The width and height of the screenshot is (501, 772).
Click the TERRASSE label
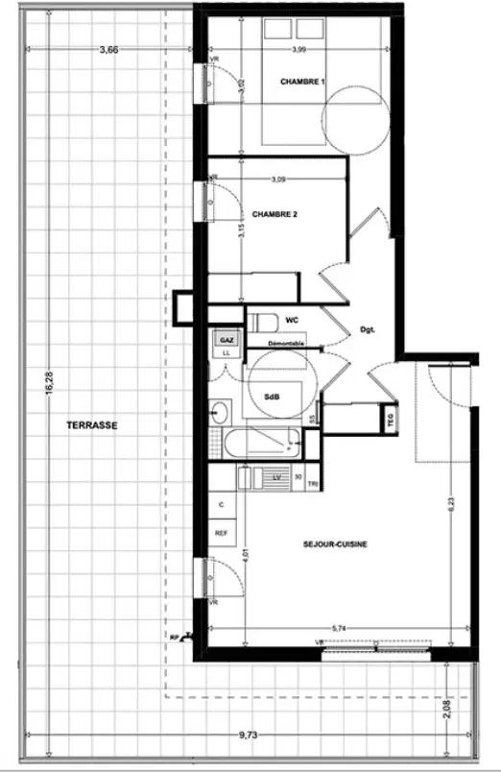click(x=92, y=425)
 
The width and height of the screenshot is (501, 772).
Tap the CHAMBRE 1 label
click(x=302, y=82)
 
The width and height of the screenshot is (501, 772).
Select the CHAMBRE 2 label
click(x=274, y=215)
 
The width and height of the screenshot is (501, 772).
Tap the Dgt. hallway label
click(x=367, y=330)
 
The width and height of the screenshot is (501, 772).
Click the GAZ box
click(x=227, y=340)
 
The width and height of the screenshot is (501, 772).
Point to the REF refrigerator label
click(x=221, y=533)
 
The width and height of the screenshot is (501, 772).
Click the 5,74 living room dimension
click(x=338, y=628)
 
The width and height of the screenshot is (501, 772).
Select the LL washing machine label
click(x=227, y=352)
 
